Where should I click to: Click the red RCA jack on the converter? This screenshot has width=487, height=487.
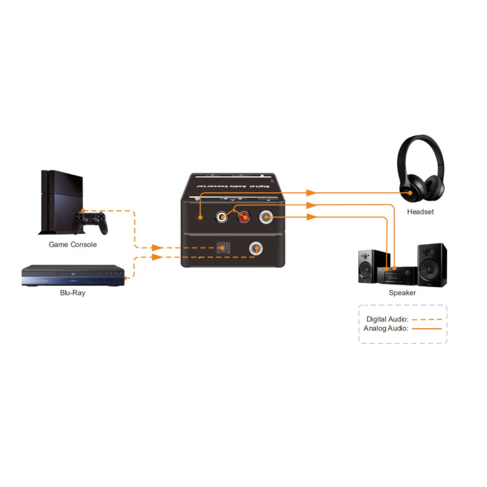[x=243, y=218]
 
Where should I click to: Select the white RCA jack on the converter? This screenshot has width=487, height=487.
[x=222, y=218]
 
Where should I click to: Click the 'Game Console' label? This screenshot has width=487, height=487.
[x=73, y=244]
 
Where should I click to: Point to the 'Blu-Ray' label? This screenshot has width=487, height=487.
[x=73, y=293]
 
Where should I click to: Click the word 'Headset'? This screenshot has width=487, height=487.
[x=420, y=211]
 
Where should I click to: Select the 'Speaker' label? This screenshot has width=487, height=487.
[x=402, y=293]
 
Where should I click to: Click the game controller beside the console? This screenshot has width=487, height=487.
[x=91, y=222]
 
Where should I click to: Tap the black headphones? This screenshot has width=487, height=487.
[x=420, y=170]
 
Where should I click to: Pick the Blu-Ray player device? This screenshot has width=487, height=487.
[x=72, y=276]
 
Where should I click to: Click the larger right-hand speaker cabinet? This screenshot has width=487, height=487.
[x=432, y=265]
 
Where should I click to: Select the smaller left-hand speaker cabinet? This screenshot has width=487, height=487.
[x=368, y=267]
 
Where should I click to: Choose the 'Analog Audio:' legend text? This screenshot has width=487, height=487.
[x=386, y=328]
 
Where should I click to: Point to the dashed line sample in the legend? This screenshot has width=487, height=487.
[x=427, y=319]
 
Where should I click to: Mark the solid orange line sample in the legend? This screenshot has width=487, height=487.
[x=427, y=328]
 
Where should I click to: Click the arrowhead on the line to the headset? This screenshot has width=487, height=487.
[x=311, y=192]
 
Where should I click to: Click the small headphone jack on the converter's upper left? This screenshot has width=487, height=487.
[x=200, y=218]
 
